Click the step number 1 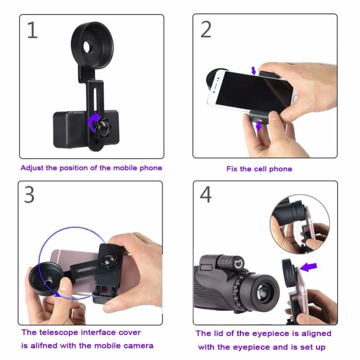pos(32,31)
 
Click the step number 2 pos(206,30)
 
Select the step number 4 pos(206,195)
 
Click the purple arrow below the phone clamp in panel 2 pos(258,127)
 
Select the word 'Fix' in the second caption pos(232,169)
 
